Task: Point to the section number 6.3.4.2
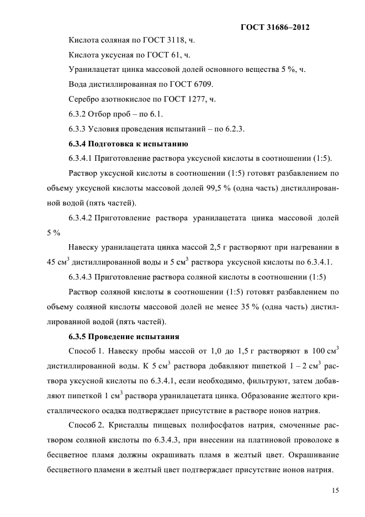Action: click(81, 218)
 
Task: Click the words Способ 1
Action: click(86, 351)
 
